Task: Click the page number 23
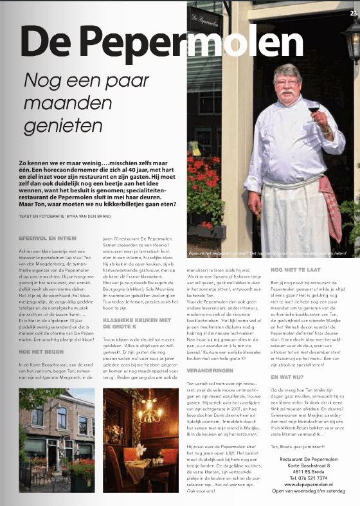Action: click(x=354, y=12)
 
